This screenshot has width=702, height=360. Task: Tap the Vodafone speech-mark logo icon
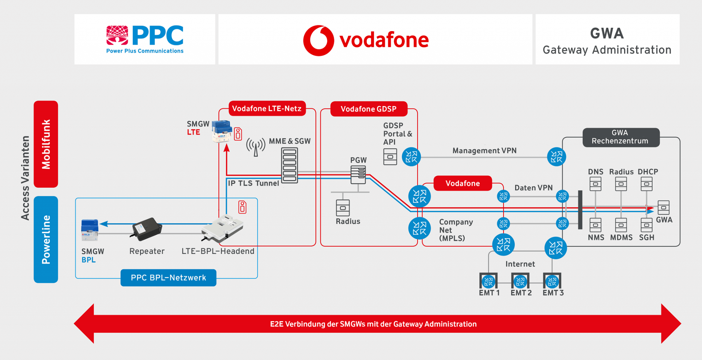click(x=318, y=40)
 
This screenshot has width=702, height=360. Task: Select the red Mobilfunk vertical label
click(x=46, y=144)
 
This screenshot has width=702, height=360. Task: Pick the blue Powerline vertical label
click(x=46, y=240)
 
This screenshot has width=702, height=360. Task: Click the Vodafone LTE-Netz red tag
click(x=267, y=109)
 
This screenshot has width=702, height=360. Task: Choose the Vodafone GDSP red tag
click(x=369, y=109)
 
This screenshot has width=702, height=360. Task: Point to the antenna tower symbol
click(x=256, y=147)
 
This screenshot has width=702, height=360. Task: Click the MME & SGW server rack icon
click(x=289, y=165)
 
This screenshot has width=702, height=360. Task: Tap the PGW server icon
click(x=358, y=175)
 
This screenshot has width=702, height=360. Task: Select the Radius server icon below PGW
click(x=343, y=208)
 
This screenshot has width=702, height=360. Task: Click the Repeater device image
click(x=147, y=229)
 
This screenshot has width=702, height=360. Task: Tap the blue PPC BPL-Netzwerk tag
click(x=169, y=278)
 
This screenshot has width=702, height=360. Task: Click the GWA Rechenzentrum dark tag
click(x=621, y=137)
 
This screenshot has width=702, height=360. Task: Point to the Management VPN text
click(x=484, y=151)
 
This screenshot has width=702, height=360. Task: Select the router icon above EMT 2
click(x=520, y=281)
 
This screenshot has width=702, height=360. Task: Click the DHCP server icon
click(x=646, y=184)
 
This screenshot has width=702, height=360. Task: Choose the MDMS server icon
click(x=621, y=225)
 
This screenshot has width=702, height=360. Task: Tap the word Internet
click(x=520, y=264)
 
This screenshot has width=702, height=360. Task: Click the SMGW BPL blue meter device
click(x=90, y=230)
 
